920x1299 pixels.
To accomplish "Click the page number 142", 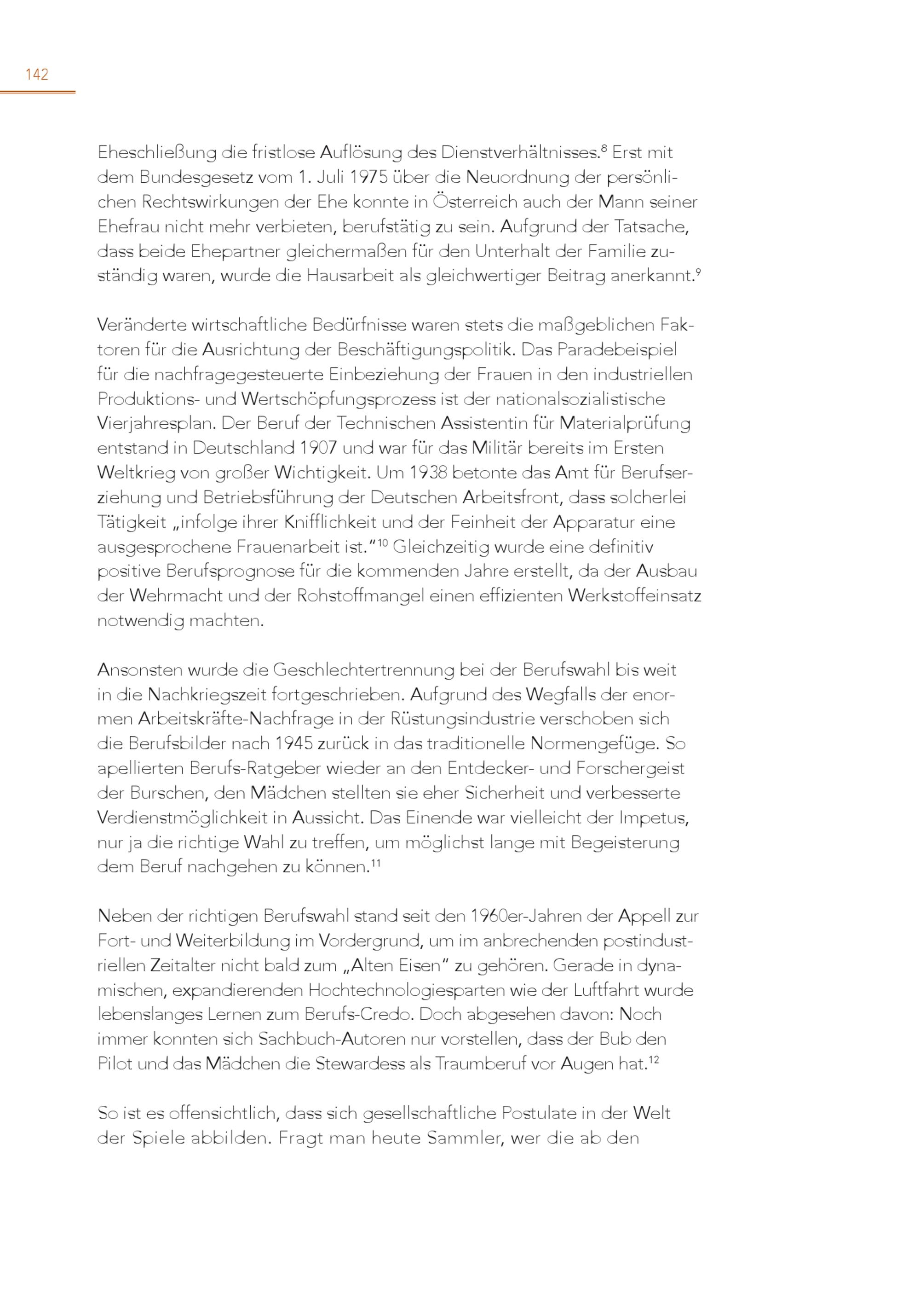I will click(37, 74).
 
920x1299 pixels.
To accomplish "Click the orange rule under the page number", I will click(37, 91).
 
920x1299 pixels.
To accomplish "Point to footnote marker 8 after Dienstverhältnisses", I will click(604, 149).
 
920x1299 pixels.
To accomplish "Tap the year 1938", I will click(428, 473).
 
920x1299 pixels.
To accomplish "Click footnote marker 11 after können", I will click(376, 864).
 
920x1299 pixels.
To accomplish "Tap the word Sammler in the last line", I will click(466, 1138).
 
